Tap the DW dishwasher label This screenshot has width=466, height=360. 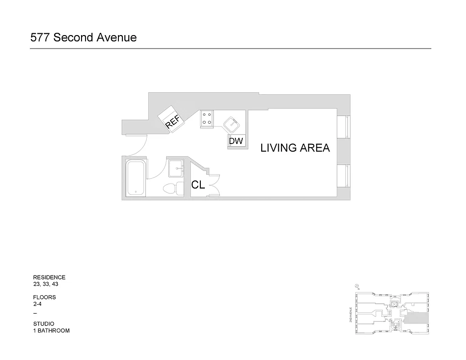point(236,141)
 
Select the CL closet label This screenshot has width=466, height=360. point(199,184)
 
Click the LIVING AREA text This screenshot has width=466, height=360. point(295,148)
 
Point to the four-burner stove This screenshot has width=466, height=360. point(207,118)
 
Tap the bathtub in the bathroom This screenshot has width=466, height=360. point(136,178)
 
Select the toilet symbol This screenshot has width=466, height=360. point(172,188)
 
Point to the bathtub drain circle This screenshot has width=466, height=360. point(136,192)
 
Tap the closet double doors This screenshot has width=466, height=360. point(214,184)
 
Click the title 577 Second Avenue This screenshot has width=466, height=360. point(83,37)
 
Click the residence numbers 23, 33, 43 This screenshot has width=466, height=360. point(46,284)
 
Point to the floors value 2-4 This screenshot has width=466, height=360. point(38,304)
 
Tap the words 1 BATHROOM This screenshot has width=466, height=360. point(51,331)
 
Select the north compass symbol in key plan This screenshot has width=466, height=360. point(356,285)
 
